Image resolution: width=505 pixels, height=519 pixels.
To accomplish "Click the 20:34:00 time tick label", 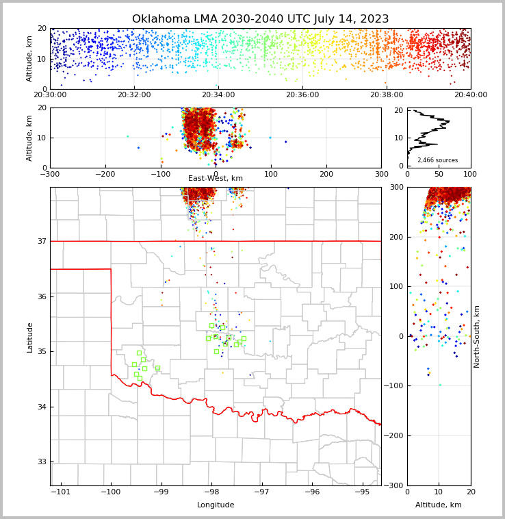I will click(x=218, y=95).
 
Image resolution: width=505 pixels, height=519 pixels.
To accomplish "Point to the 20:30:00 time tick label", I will click(x=50, y=95).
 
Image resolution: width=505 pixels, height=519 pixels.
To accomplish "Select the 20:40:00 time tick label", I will click(x=471, y=95).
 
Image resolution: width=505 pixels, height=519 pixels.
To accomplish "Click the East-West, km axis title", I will click(x=216, y=179).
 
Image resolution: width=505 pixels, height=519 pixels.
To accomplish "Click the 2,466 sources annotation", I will click(x=439, y=160).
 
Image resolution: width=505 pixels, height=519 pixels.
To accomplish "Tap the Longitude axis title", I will click(x=216, y=505).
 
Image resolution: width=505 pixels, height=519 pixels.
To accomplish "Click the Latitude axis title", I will click(x=30, y=337).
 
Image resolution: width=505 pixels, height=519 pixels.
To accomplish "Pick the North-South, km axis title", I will click(x=477, y=336).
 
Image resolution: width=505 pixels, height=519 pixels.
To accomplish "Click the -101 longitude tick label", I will click(x=60, y=492).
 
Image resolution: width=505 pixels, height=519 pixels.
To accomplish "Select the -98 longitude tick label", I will click(x=211, y=492).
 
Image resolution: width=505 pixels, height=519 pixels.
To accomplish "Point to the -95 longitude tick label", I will click(x=363, y=492).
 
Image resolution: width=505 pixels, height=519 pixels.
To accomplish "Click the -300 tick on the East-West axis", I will click(x=50, y=174).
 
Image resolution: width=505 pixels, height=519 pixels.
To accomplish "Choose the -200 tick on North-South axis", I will click(x=393, y=436).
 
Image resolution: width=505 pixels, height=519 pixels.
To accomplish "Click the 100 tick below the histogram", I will click(x=471, y=174).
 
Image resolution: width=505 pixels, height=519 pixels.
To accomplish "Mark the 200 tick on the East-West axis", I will click(x=326, y=174).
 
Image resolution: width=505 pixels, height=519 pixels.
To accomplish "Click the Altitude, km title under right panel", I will click(x=439, y=505).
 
